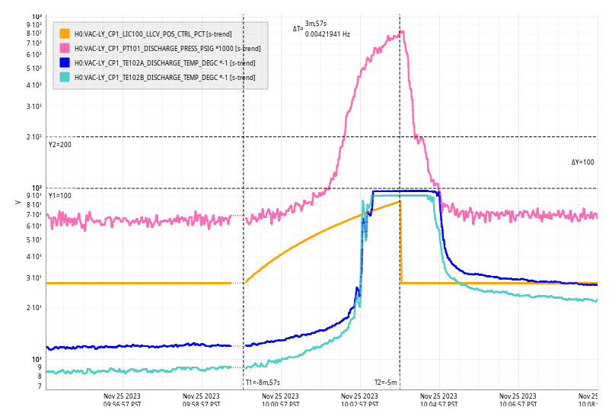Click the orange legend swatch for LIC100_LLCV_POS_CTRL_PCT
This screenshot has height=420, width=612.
point(65,34)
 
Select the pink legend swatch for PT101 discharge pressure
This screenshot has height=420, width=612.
point(65,48)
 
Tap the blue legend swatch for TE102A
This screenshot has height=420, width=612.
point(65,63)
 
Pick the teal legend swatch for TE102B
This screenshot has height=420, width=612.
point(65,77)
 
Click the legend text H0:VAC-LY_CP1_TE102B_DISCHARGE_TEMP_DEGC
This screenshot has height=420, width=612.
point(164,77)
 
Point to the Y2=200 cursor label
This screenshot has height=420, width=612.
point(60,144)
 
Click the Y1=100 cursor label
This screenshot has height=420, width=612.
point(60,196)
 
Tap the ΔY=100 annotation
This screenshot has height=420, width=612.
point(582,162)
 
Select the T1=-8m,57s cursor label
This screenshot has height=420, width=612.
point(263,383)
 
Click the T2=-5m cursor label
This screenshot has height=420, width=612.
point(385,383)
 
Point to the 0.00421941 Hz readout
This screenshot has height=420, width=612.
point(327,34)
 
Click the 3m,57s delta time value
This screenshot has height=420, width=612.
point(315,24)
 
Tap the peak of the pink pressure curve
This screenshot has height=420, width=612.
point(401,32)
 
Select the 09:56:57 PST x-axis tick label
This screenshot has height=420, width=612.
point(122,400)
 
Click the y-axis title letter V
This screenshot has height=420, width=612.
point(18,202)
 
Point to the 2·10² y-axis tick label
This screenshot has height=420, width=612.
point(35,137)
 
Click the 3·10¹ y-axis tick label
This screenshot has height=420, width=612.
point(35,278)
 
